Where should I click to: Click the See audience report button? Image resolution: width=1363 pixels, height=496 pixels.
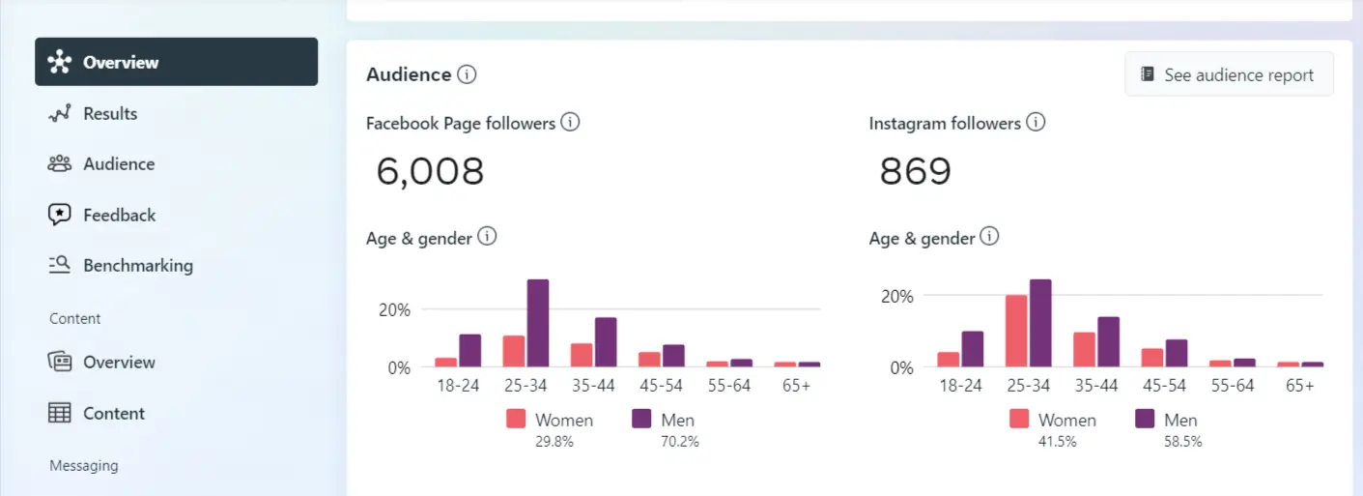coord(1229,74)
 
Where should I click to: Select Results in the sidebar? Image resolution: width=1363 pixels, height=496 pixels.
coord(110,113)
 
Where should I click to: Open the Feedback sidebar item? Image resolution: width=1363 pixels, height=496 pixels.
coord(119,215)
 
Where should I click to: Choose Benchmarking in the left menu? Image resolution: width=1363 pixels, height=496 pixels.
coord(137,265)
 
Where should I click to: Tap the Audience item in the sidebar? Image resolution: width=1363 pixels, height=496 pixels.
coord(119,163)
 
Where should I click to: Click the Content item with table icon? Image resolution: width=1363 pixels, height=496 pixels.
coord(113,413)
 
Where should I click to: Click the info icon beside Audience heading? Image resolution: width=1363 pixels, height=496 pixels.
coord(467,74)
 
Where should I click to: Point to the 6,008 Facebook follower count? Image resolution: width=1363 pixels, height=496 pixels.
coord(430,171)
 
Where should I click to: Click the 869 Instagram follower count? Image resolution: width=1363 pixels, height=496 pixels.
coord(915,171)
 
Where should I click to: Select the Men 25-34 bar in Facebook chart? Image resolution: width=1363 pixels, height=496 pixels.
coord(538,324)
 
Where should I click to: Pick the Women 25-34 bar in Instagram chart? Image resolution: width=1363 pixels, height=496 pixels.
coord(1016,331)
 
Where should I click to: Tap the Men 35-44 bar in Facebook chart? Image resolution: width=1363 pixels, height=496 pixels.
coord(606,342)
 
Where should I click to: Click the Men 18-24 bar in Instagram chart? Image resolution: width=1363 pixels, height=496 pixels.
coord(973,349)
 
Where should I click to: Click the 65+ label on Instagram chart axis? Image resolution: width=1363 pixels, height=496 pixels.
coord(1300,385)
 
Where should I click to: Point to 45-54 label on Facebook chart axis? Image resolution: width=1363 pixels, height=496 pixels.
coord(662,385)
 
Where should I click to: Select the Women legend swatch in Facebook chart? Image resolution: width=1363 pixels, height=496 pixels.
coord(516,419)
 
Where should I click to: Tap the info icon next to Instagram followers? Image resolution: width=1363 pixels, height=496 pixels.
coord(1036,123)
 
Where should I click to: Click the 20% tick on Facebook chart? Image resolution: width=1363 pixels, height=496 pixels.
coord(394,309)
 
